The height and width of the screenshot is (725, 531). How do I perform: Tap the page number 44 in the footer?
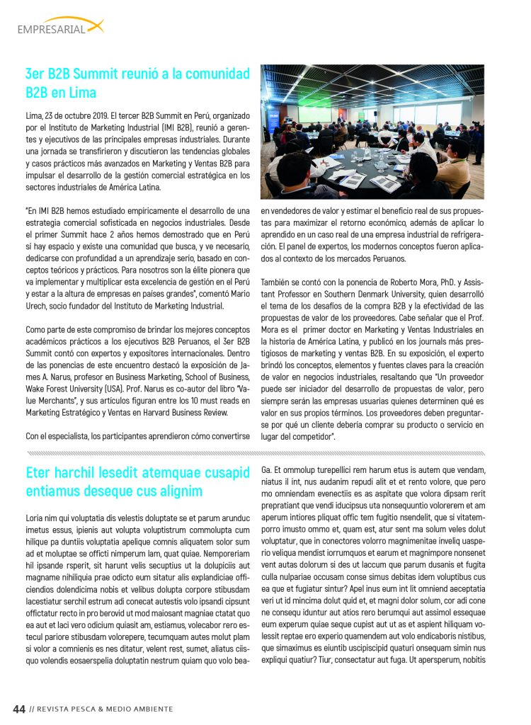click(20, 709)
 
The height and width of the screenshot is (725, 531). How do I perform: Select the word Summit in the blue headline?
click(98, 74)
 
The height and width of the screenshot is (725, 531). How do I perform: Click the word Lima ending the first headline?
click(83, 93)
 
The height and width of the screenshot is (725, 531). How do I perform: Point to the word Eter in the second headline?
click(38, 472)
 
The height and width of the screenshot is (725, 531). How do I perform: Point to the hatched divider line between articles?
click(255, 452)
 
